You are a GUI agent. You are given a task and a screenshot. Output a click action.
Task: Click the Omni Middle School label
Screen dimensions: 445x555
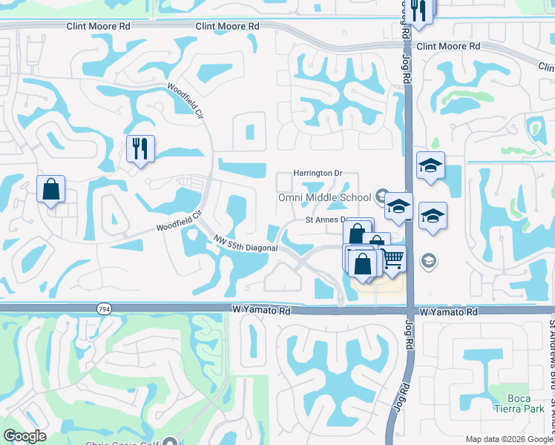324,197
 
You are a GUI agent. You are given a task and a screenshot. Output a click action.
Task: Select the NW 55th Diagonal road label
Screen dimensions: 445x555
245,243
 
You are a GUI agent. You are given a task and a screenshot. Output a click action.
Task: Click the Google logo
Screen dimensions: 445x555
24,436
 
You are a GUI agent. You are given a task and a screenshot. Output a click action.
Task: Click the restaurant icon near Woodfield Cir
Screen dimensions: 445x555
139,149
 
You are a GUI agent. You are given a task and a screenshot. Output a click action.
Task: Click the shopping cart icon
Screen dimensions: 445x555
392,258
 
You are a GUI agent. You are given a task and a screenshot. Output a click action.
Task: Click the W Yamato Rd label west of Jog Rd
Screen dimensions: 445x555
260,311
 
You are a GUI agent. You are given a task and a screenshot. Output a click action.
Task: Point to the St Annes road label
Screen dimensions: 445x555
327,220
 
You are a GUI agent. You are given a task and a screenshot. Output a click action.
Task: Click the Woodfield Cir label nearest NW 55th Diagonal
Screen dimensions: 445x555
179,221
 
